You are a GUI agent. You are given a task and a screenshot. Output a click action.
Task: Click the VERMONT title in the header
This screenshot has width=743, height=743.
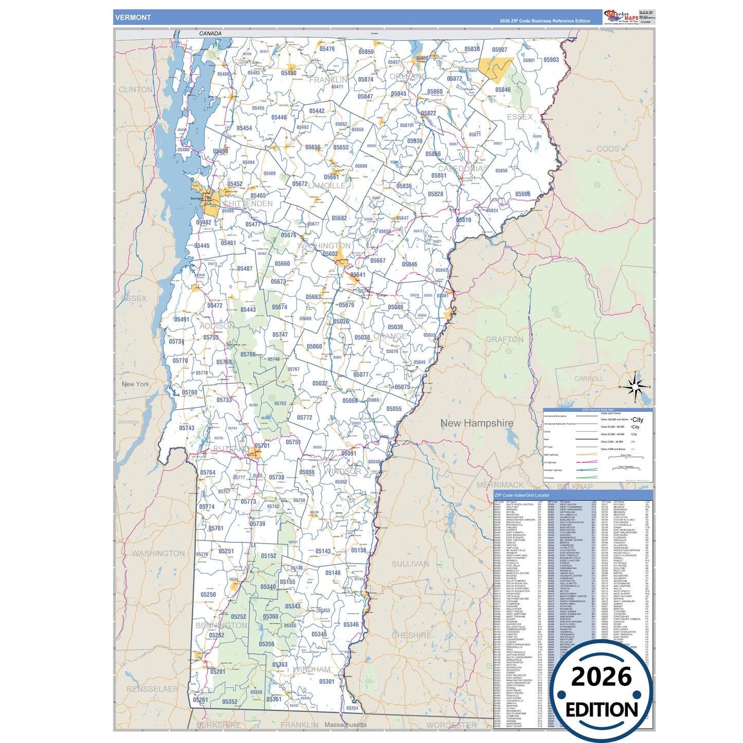[x=133, y=17]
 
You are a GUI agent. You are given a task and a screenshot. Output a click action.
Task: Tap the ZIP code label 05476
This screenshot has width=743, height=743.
[x=327, y=49]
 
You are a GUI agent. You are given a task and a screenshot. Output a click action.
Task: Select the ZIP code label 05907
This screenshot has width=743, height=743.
[x=499, y=50]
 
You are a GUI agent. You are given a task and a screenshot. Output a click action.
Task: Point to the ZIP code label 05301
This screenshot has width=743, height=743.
[x=327, y=682]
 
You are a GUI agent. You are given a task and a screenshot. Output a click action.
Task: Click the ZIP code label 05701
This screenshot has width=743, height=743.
[x=262, y=446]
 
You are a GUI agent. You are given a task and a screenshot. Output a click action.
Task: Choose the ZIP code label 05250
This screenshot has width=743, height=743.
[x=208, y=595]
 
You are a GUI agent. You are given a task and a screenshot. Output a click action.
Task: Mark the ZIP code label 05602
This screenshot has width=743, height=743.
[x=330, y=254]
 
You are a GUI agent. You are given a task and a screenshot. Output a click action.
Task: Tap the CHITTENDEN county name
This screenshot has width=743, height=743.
[x=248, y=204]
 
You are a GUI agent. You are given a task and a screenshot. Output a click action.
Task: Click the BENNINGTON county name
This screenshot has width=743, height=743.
[x=221, y=626]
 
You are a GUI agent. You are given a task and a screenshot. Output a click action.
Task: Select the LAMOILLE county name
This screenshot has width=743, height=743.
[x=327, y=186]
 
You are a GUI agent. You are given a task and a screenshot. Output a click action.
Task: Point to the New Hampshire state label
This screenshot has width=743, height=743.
[x=477, y=423]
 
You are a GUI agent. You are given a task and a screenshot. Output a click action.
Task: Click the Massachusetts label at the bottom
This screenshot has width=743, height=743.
[x=346, y=725]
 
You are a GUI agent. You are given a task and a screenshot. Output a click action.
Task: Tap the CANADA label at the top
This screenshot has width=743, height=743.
[x=210, y=33]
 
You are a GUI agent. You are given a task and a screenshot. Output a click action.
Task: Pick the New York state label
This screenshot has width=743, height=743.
[x=135, y=384]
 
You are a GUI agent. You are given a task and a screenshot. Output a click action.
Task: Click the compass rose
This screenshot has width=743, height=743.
[x=636, y=387]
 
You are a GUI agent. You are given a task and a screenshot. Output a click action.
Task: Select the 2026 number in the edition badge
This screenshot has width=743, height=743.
[x=601, y=677]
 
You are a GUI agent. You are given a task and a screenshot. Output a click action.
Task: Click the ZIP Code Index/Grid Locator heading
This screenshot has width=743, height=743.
[x=521, y=495]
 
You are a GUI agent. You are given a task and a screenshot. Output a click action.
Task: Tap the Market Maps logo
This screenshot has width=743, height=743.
[x=621, y=17]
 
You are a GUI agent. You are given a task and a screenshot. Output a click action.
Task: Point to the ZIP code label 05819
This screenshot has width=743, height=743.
[x=464, y=220]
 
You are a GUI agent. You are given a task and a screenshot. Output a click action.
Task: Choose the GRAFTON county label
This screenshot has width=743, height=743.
[x=504, y=339]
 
